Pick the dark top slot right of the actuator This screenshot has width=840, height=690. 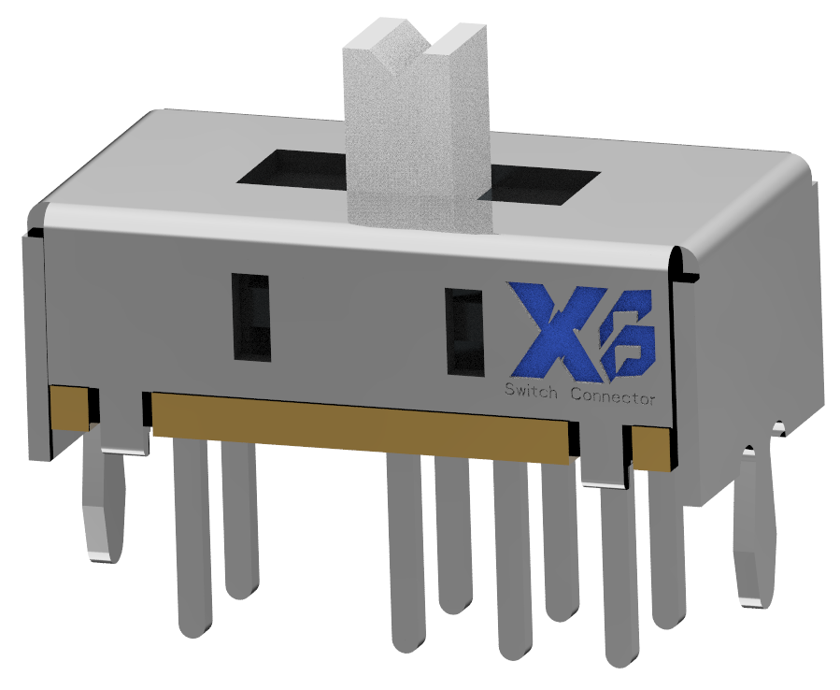pyautogui.click(x=542, y=183)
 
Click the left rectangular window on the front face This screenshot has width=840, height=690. pyautogui.click(x=250, y=316)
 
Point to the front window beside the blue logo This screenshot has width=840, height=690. pyautogui.click(x=463, y=332)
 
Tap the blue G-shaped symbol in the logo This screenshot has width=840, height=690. pyautogui.click(x=629, y=344)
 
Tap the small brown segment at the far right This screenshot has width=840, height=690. pyautogui.click(x=652, y=448)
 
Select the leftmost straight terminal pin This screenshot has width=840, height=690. pyautogui.click(x=192, y=533)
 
